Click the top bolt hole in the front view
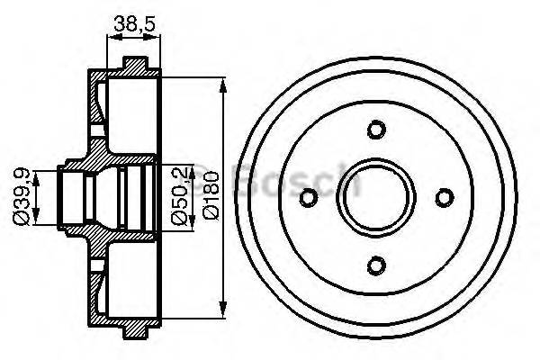coord(377,129)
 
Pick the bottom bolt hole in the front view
coord(377,264)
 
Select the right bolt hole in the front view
coord(445,196)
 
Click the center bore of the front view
coord(377,196)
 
